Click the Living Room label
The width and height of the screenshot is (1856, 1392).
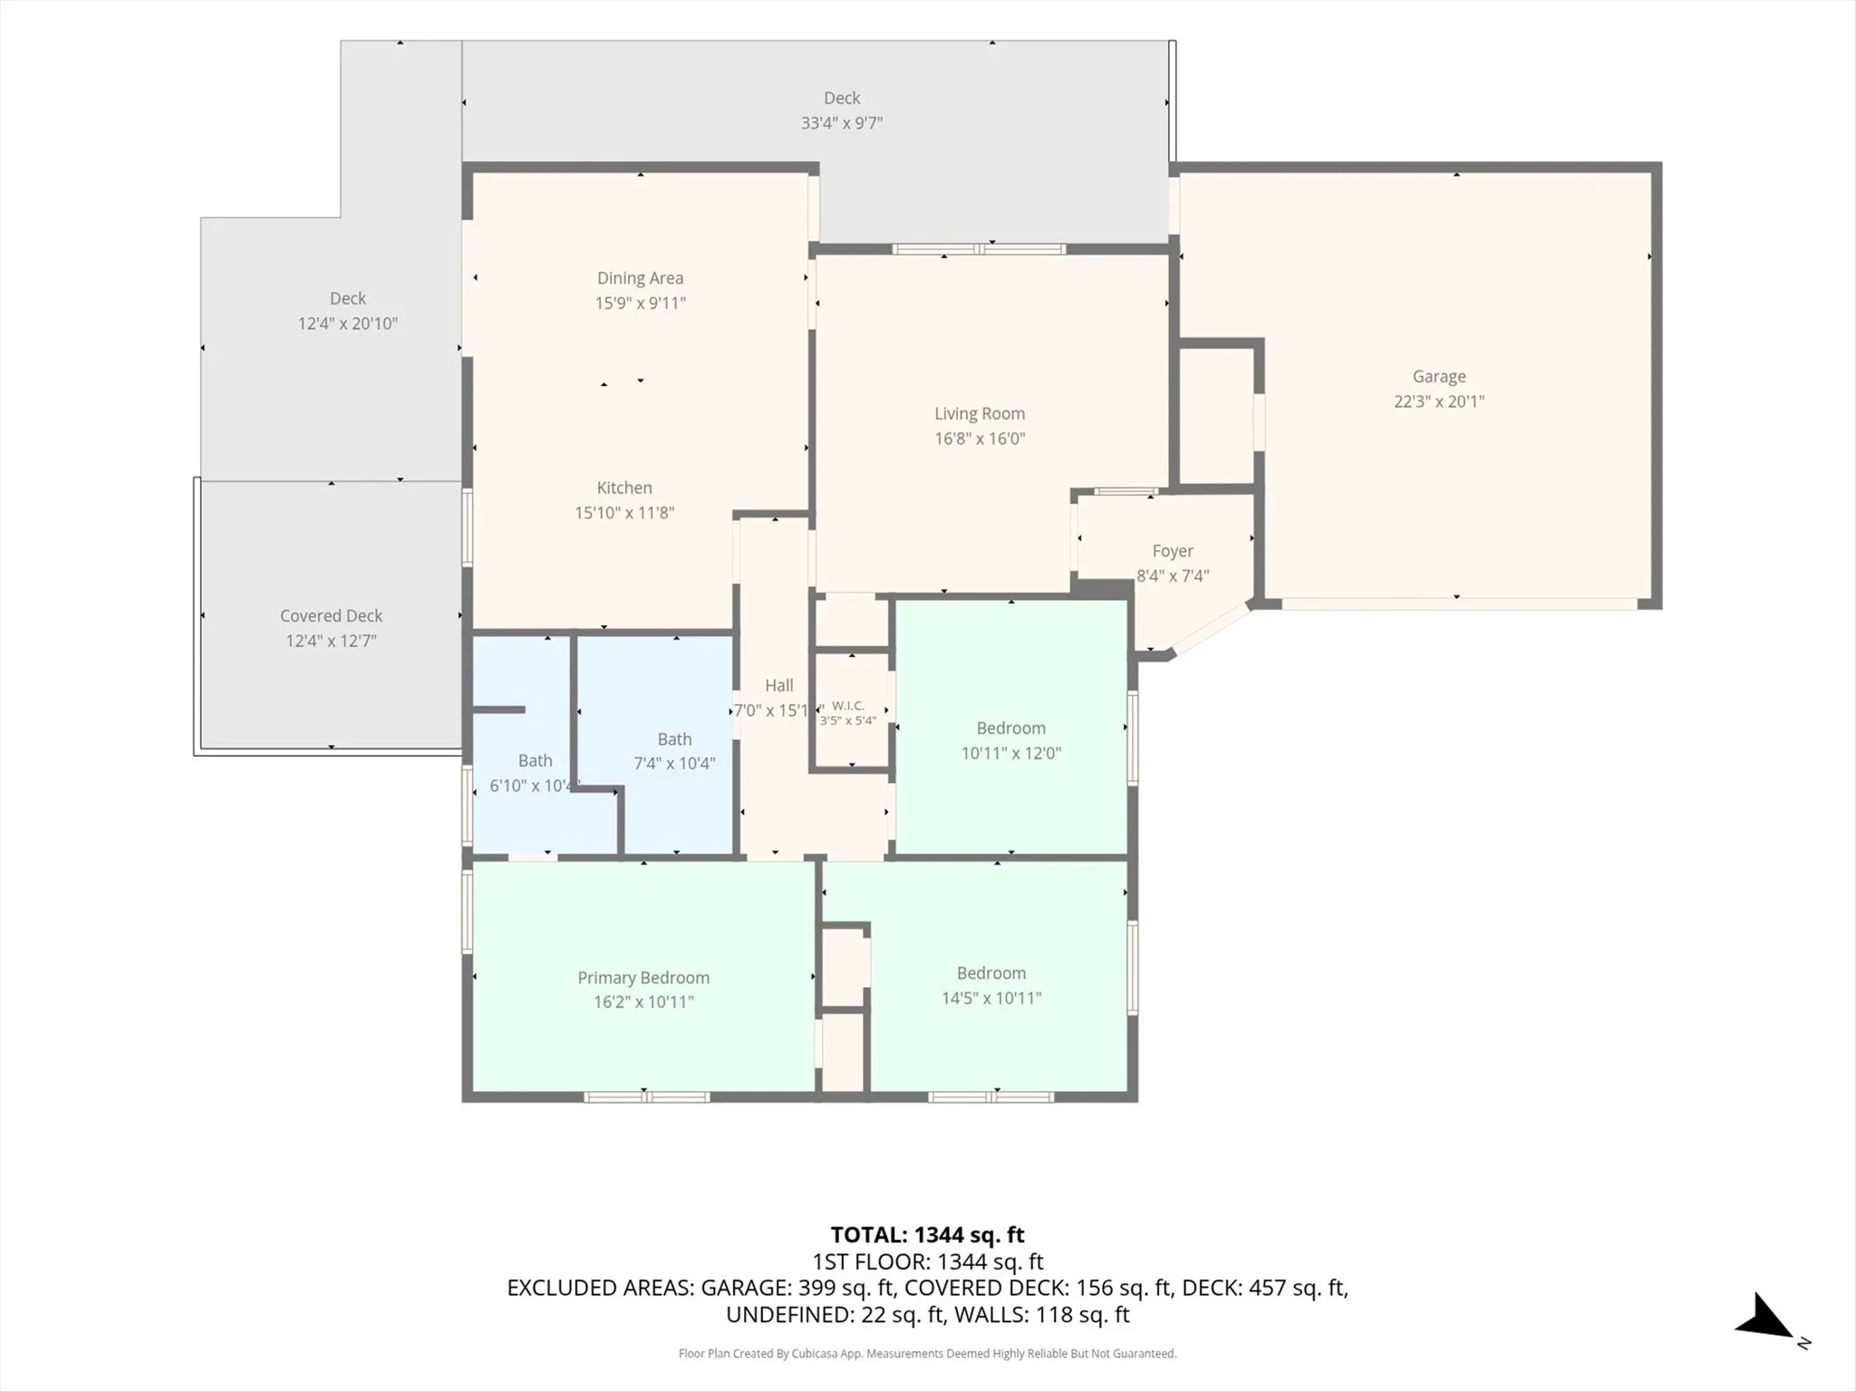point(980,414)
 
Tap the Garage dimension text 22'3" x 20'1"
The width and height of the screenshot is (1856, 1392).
point(1439,401)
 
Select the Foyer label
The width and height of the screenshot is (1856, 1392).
point(1173,551)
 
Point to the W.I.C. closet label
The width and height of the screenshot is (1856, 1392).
point(848,706)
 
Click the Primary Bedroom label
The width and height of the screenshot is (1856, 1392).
point(643,978)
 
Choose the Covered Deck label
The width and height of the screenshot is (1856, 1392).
point(332,616)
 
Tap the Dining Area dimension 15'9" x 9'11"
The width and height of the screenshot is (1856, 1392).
point(641,303)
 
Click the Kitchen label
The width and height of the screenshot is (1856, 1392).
point(624,488)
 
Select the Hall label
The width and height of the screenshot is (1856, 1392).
point(779,686)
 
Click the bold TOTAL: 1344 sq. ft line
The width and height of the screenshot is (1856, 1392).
point(927,1234)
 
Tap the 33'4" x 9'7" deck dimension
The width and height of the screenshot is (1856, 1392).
point(842,123)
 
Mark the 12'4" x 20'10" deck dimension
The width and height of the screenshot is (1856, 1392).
point(348,324)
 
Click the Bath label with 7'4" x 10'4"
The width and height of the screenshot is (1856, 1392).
point(674,739)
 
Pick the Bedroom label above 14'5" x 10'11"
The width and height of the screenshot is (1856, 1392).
point(991,973)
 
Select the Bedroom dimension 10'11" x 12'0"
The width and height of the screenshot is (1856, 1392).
point(1011,753)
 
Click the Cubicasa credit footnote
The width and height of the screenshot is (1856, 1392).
point(927,1354)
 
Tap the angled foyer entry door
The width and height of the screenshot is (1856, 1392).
point(1212,628)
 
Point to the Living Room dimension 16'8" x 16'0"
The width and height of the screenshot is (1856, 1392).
point(980,439)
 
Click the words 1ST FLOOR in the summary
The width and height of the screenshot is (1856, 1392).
point(868,1261)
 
